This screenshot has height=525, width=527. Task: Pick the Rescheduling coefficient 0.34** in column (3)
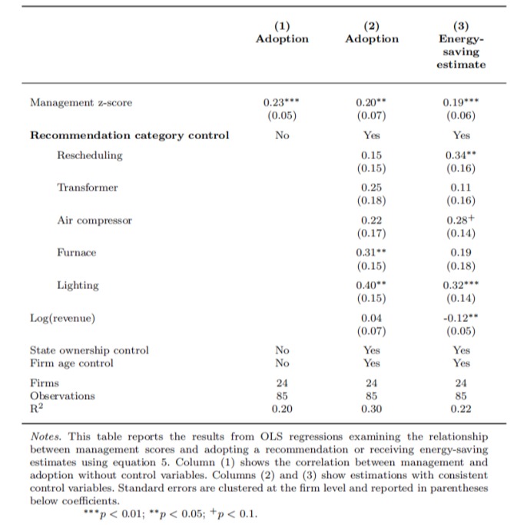point(461,156)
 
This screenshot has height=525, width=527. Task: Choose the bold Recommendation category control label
point(129,136)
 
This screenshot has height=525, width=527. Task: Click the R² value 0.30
point(373,409)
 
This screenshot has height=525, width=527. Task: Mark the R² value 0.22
point(461,409)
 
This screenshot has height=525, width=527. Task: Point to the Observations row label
point(62,395)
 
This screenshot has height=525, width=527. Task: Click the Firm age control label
point(71,363)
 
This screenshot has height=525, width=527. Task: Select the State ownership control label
point(88,350)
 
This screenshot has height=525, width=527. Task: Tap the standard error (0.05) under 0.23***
point(282,117)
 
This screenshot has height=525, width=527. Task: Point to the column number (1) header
point(282,24)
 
